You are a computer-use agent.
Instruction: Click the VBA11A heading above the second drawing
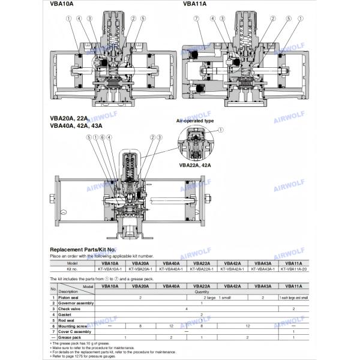(x=194, y=4)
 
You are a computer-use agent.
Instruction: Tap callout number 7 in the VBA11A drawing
(x=196, y=19)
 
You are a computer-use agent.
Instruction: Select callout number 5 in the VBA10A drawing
(x=143, y=19)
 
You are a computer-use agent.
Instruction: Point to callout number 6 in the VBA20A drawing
(x=101, y=137)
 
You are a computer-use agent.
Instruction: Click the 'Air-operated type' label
(x=195, y=121)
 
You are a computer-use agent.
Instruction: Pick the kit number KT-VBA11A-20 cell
(x=294, y=269)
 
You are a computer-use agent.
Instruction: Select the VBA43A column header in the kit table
(x=263, y=263)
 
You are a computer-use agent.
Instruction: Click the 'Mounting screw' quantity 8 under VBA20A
(x=140, y=326)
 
